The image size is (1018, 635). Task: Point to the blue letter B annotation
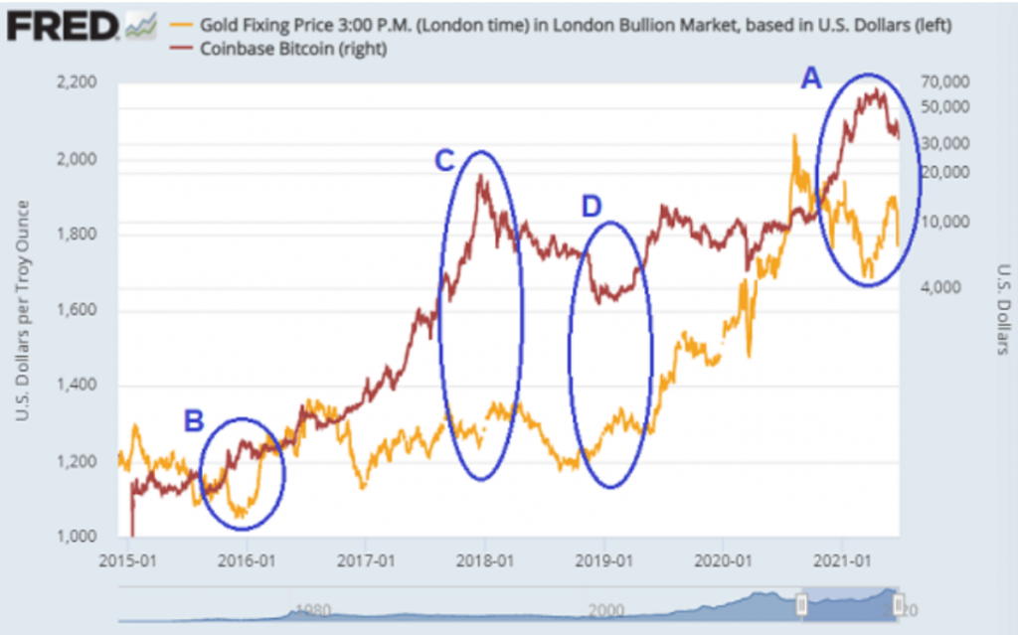pyautogui.click(x=194, y=421)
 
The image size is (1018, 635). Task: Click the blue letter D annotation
pyautogui.click(x=591, y=206)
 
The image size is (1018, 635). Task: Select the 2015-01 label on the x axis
pyautogui.click(x=128, y=559)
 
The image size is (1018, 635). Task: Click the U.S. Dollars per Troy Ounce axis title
pyautogui.click(x=22, y=309)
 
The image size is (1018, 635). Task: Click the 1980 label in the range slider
pyautogui.click(x=310, y=611)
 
